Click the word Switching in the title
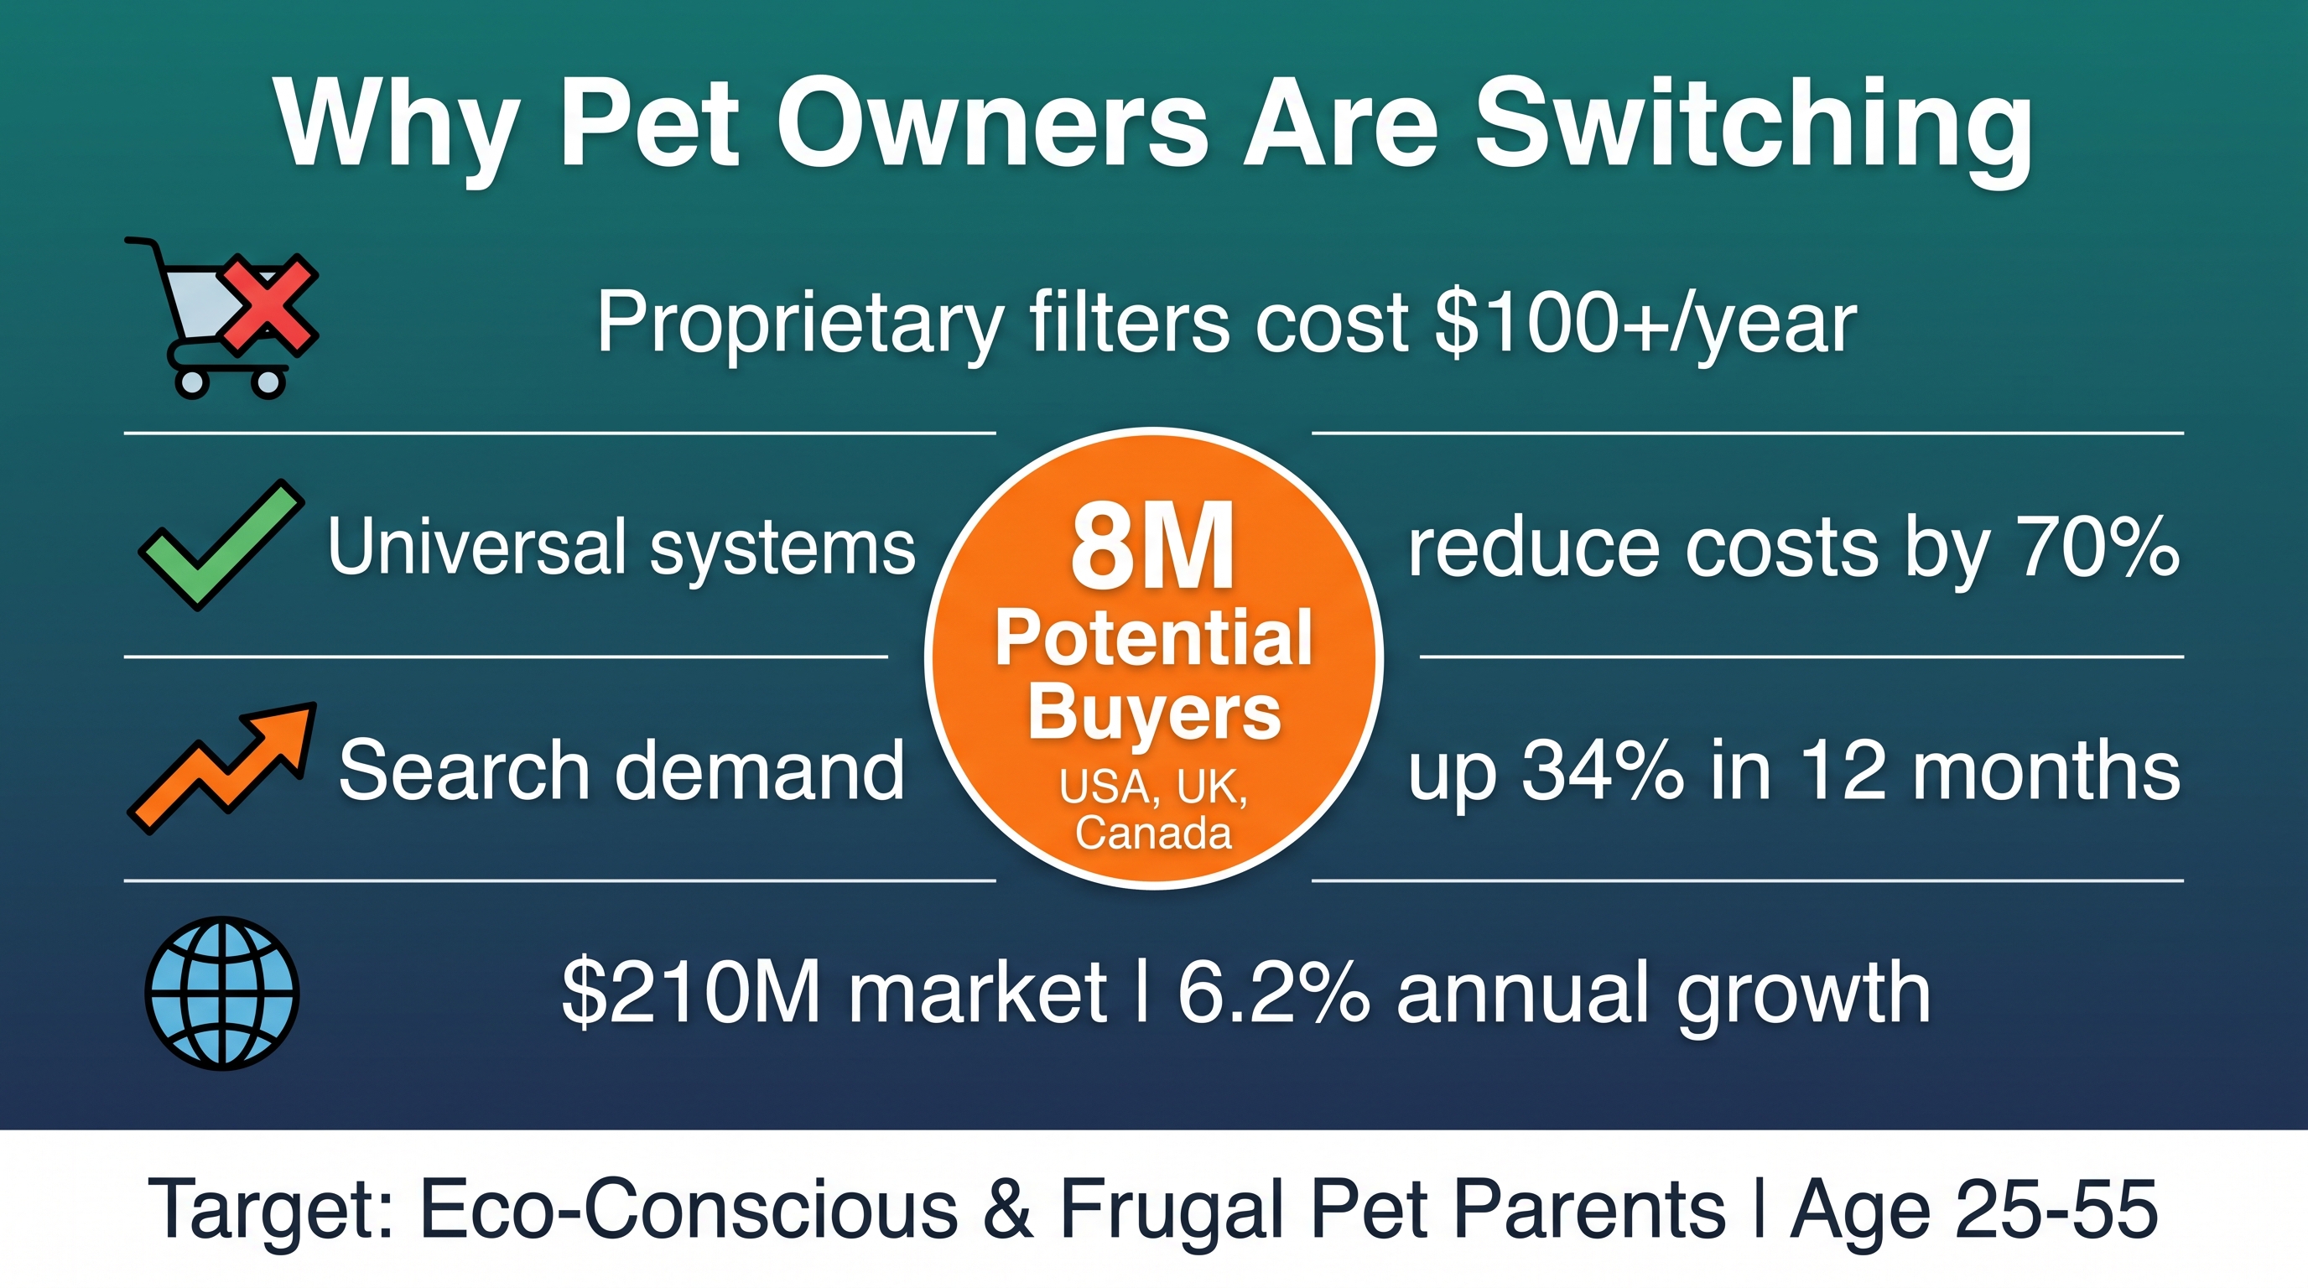point(1754,126)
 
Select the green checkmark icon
point(221,544)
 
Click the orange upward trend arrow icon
point(222,768)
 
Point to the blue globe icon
point(222,993)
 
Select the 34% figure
point(1603,771)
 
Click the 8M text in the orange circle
point(1153,547)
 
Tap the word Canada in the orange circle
point(1154,833)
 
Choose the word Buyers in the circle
point(1155,712)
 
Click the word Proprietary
point(799,325)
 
